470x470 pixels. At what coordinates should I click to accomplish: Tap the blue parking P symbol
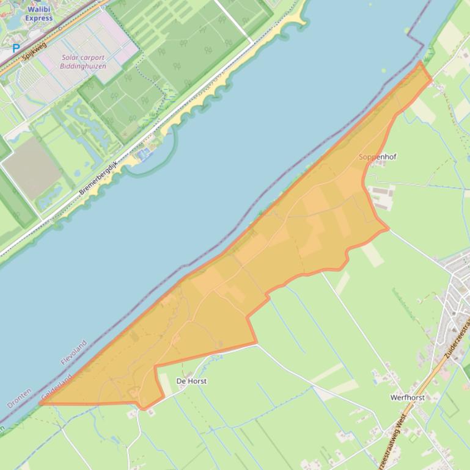tap(16, 47)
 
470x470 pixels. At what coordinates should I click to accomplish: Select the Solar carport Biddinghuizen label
tap(83, 62)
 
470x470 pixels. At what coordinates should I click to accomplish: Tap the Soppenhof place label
tap(377, 157)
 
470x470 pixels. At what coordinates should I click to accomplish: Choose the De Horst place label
tap(191, 381)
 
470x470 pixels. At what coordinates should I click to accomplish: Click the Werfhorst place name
tap(407, 397)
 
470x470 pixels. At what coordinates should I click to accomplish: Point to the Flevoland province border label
tap(74, 352)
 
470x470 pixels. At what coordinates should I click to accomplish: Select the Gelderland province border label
tap(56, 388)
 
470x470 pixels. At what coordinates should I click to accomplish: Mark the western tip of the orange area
tap(40, 403)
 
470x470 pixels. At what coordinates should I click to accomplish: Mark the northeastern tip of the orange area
tap(420, 62)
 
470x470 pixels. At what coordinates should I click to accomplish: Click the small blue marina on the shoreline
tap(145, 154)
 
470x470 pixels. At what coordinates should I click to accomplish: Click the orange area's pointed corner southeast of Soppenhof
tap(387, 230)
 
